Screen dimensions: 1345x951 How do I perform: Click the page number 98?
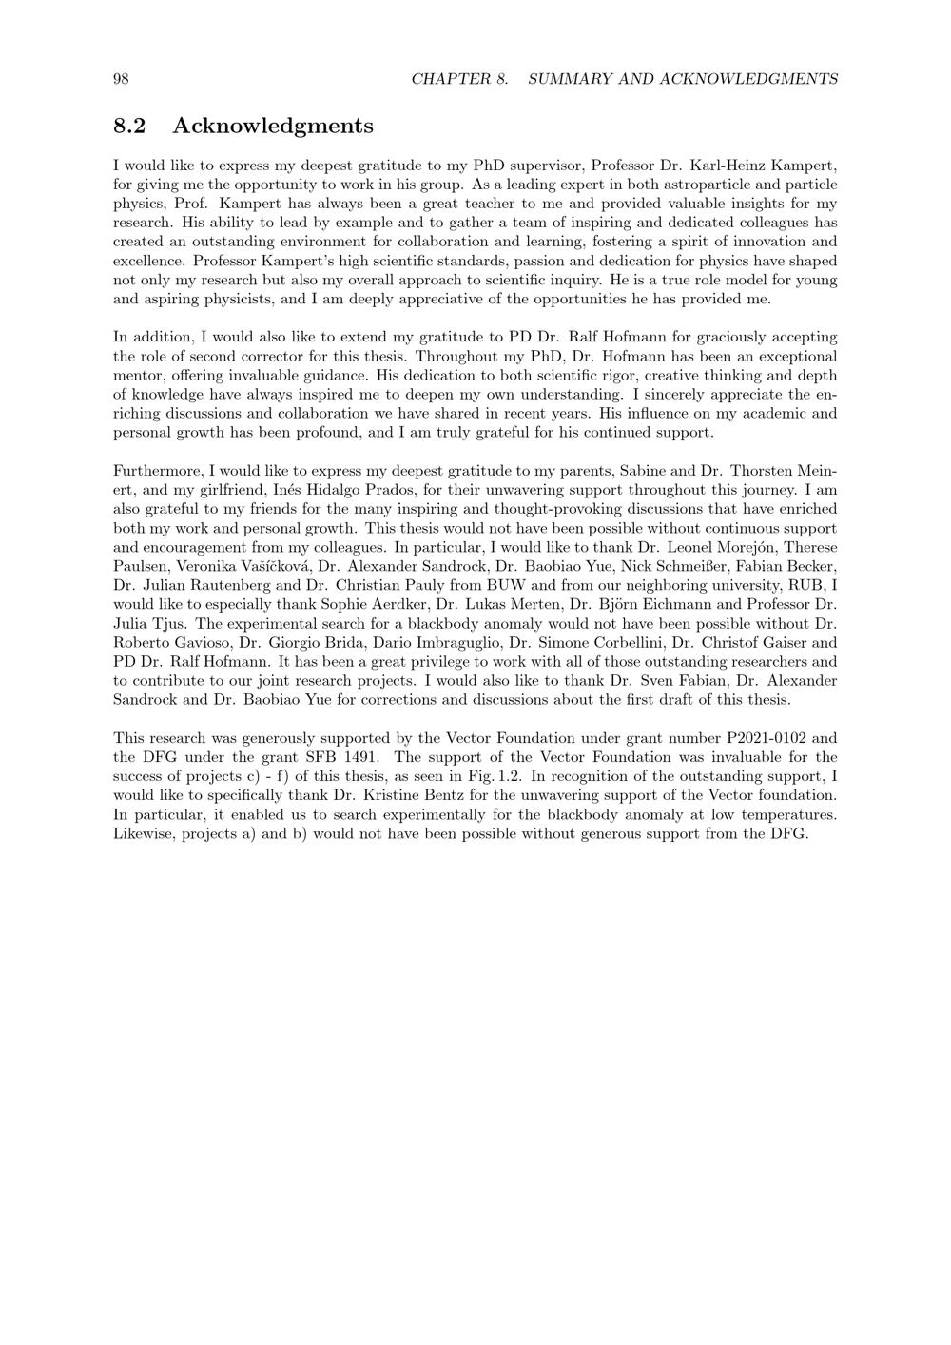pyautogui.click(x=121, y=79)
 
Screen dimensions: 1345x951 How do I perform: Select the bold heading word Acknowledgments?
pyautogui.click(x=273, y=126)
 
